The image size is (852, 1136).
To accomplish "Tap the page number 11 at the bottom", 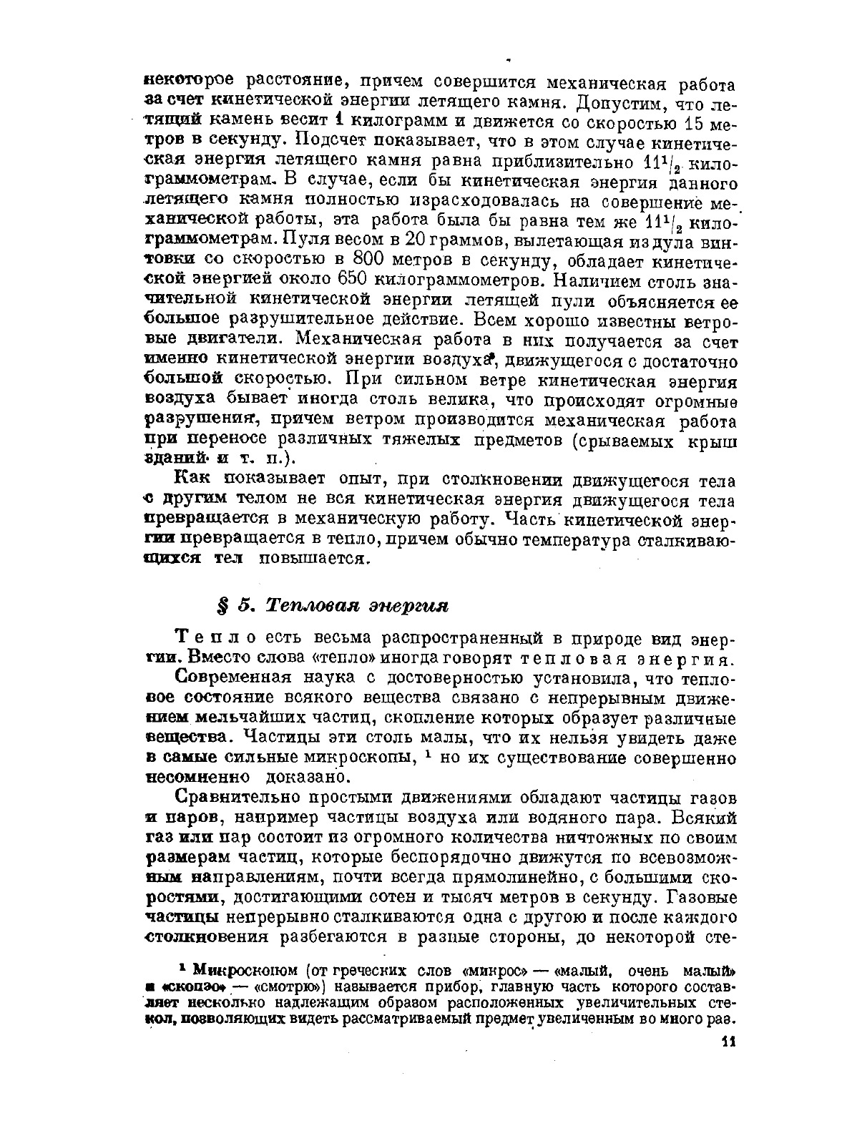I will click(x=728, y=1041).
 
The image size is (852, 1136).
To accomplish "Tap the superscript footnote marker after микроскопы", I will click(x=426, y=753).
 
